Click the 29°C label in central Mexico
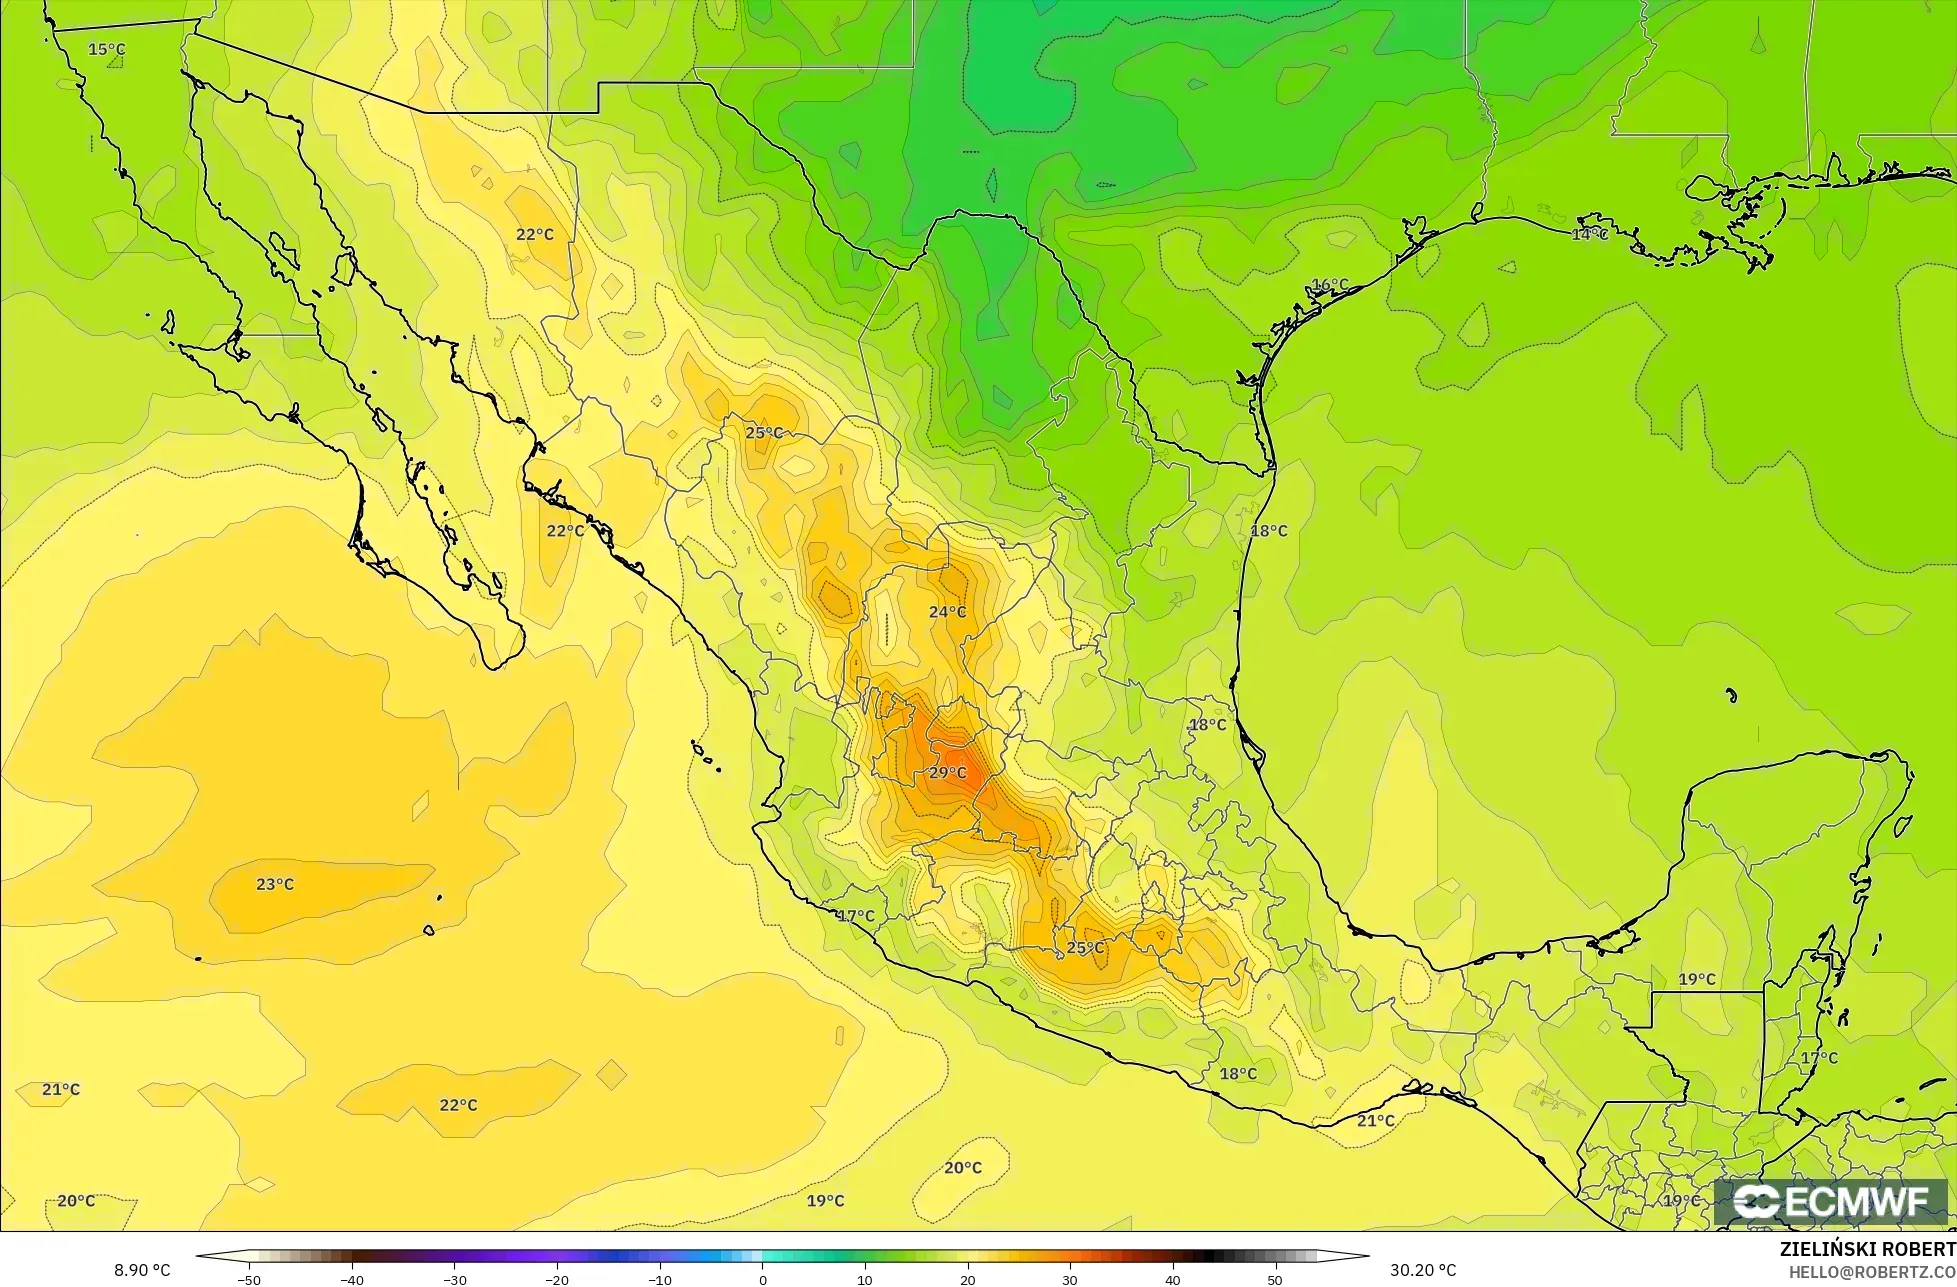948,773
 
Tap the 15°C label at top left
107,49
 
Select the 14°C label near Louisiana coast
1589,234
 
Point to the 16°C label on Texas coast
1330,285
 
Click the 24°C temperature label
948,612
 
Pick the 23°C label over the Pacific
275,884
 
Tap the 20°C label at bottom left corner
76,1201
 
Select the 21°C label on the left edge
61,1089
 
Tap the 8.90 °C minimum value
142,1270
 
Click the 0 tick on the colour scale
762,1280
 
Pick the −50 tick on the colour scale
248,1280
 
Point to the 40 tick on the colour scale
1172,1280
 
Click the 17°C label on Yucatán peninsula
1819,1058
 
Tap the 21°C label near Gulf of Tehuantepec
1376,1121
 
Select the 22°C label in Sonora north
535,234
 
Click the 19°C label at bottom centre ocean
825,1201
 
